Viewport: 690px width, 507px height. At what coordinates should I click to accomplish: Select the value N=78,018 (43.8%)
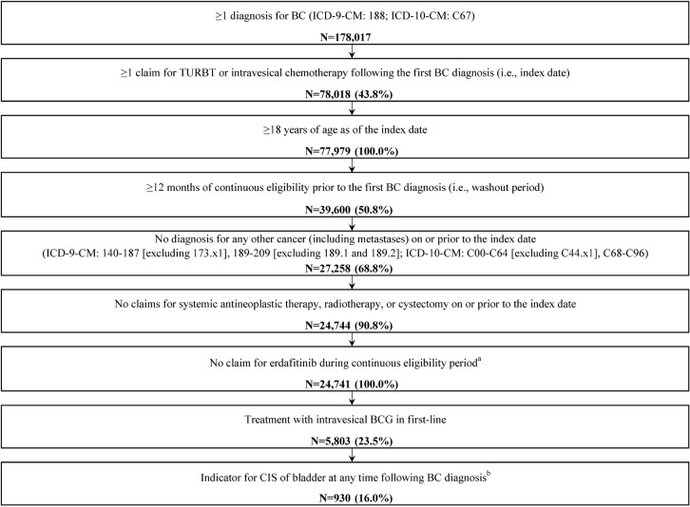344,97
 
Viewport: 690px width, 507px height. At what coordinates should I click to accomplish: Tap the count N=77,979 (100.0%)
344,153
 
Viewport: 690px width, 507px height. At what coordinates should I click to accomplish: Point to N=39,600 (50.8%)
344,209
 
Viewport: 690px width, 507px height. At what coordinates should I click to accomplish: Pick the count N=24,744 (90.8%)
344,328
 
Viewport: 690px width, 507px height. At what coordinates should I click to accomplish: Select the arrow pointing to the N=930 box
344,456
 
